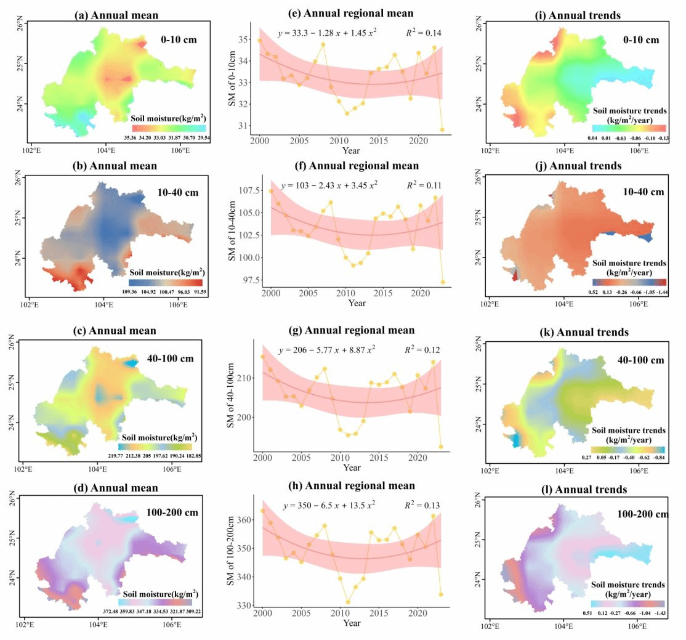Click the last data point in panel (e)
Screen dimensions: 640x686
(x=442, y=129)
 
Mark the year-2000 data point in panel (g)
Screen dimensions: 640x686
(x=263, y=357)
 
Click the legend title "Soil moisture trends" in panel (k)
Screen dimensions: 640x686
(x=628, y=430)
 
